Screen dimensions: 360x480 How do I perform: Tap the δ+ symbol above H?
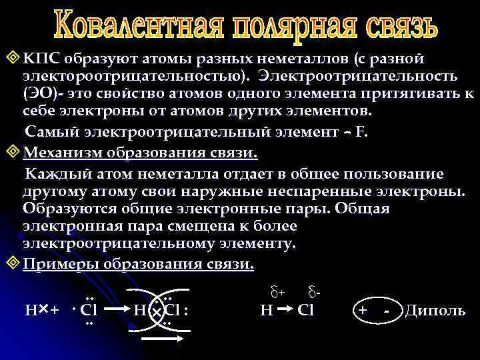point(278,292)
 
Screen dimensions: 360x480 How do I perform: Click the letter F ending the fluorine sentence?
point(361,131)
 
